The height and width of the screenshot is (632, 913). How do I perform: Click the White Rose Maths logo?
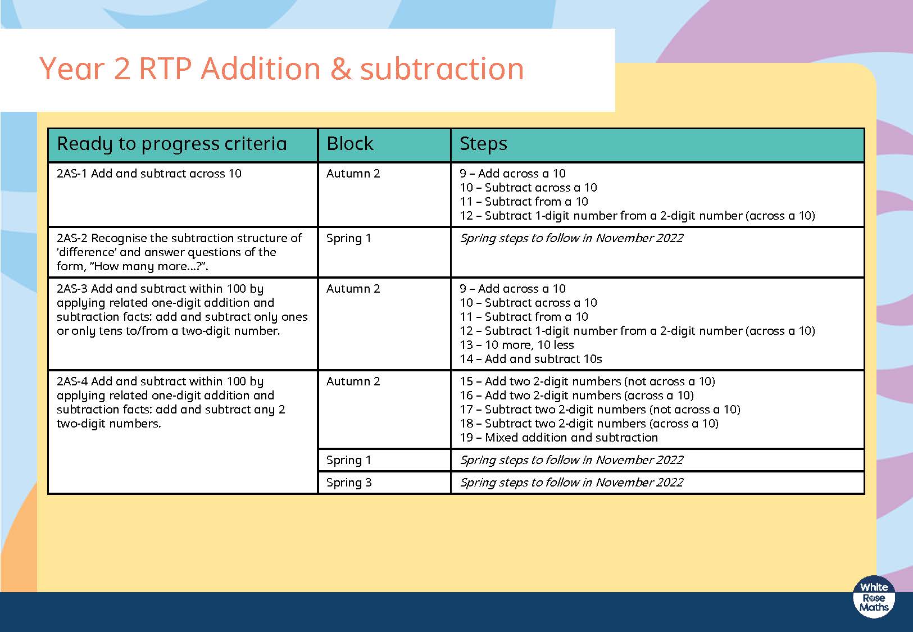click(874, 597)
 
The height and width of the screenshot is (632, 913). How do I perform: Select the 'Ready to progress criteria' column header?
click(171, 144)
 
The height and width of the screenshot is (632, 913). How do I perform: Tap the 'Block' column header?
click(349, 143)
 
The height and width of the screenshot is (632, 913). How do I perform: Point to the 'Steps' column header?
click(483, 144)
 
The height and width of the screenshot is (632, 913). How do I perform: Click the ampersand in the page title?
click(340, 69)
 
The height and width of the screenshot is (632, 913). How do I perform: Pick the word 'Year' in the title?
click(72, 69)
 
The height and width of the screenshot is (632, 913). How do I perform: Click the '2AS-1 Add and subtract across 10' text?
click(149, 174)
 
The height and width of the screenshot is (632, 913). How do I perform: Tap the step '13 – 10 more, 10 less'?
click(516, 345)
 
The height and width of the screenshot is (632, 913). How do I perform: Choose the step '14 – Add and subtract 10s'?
click(531, 359)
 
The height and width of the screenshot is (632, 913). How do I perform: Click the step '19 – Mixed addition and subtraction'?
click(558, 438)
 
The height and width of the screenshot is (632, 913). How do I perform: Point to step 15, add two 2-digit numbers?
click(587, 381)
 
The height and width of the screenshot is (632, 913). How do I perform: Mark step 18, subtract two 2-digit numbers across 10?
click(589, 424)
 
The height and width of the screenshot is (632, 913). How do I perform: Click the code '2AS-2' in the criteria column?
click(72, 238)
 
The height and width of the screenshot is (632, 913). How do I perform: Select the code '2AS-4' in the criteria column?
click(72, 381)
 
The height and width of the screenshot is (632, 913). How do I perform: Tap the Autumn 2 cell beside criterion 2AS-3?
click(353, 289)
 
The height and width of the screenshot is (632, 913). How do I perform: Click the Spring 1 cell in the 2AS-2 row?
click(349, 238)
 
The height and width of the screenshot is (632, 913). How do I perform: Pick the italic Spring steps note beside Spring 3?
click(571, 483)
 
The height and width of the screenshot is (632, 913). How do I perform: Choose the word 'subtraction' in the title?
click(442, 69)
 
